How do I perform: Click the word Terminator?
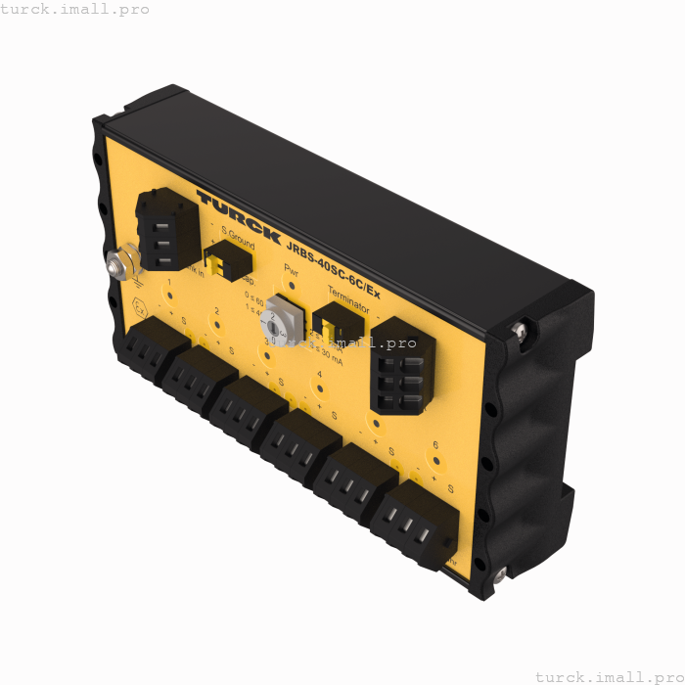pos(348,299)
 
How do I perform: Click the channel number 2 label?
pos(217,311)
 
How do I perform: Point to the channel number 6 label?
pos(435,444)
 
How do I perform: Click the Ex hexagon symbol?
pos(140,308)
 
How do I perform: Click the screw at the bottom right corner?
pos(499,574)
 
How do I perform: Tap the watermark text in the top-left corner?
pos(75,9)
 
